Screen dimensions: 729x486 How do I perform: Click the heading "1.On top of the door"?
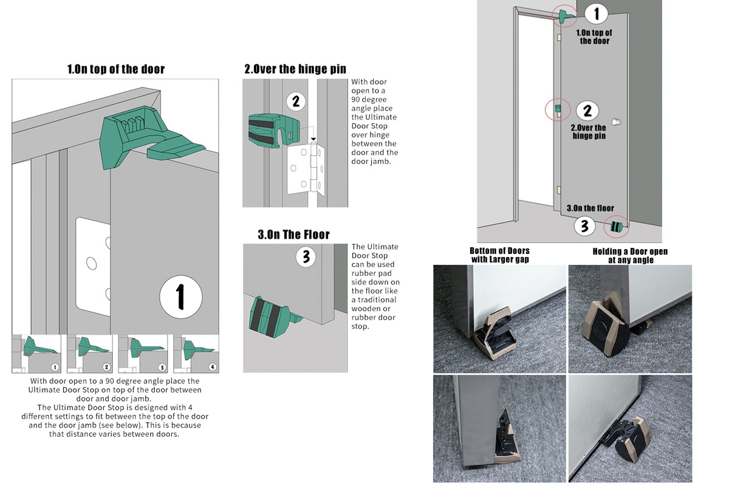pos(116,69)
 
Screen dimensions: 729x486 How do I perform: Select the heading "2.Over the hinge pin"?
pos(295,69)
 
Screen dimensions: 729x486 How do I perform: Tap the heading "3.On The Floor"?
pos(293,234)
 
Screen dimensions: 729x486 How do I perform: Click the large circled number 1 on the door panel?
pos(180,297)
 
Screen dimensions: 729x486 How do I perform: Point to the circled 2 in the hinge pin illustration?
pos(296,101)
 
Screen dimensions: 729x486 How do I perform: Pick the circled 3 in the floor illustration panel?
pos(306,257)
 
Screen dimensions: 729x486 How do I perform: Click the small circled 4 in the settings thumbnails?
pos(213,367)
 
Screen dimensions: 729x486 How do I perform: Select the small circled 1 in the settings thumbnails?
pos(55,368)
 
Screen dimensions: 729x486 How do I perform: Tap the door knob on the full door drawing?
pos(616,122)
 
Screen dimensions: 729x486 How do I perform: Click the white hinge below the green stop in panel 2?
pos(306,169)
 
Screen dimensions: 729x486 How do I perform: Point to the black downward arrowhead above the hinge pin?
pos(313,139)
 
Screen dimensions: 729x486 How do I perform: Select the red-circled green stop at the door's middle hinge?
pos(558,109)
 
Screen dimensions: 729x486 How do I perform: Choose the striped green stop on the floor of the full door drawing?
pos(616,227)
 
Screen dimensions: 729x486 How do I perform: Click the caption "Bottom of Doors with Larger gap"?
pos(499,255)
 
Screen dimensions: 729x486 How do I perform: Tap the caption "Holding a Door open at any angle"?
pos(630,256)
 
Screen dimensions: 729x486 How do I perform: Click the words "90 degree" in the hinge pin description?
pos(369,99)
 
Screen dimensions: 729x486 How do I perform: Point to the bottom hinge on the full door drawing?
pos(559,190)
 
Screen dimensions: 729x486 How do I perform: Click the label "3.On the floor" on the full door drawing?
pos(590,208)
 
